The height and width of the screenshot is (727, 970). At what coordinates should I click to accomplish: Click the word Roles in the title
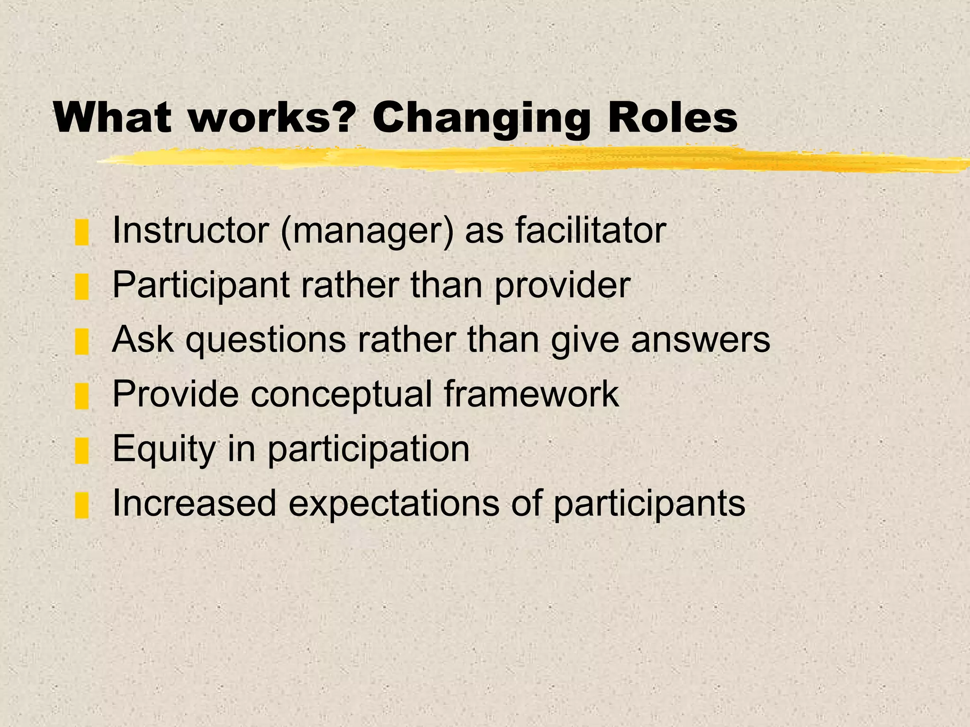673,118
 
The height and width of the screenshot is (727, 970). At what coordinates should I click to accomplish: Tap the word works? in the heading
272,118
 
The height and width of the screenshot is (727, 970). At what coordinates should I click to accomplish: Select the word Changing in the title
481,118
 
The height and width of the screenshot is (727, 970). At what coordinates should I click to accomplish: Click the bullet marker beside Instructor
82,232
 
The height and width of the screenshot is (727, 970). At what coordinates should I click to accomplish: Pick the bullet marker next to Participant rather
82,287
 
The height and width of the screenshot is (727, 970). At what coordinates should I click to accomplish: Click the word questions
266,340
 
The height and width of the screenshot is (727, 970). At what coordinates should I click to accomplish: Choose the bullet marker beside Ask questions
82,342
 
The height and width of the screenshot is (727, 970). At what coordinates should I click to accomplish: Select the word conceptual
341,395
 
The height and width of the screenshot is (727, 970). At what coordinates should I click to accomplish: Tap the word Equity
164,449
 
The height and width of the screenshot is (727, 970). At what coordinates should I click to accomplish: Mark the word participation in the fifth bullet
368,449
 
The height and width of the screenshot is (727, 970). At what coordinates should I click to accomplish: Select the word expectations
394,504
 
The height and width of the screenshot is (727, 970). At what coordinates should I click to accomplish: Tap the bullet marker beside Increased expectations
82,505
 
